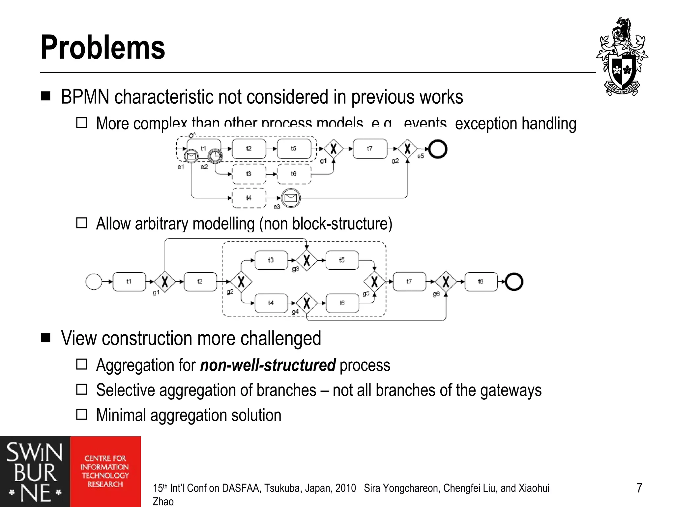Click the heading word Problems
pyautogui.click(x=103, y=48)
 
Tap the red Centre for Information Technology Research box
pyautogui.click(x=105, y=471)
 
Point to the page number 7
pyautogui.click(x=639, y=488)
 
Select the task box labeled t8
pyautogui.click(x=481, y=282)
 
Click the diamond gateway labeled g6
pyautogui.click(x=446, y=282)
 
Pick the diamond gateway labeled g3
pyautogui.click(x=307, y=260)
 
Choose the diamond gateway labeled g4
pyautogui.click(x=307, y=303)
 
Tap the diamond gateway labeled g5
pyautogui.click(x=374, y=282)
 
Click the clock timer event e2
pyautogui.click(x=215, y=156)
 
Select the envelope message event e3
pyautogui.click(x=291, y=198)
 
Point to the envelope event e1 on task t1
pyautogui.click(x=191, y=156)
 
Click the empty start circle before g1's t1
pyautogui.click(x=94, y=282)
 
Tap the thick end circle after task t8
pyautogui.click(x=514, y=282)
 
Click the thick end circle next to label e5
pyautogui.click(x=438, y=149)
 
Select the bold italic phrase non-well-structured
pyautogui.click(x=268, y=365)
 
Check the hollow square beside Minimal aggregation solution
pyautogui.click(x=82, y=414)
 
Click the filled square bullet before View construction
pyautogui.click(x=46, y=337)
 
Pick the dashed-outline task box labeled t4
pyautogui.click(x=249, y=198)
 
